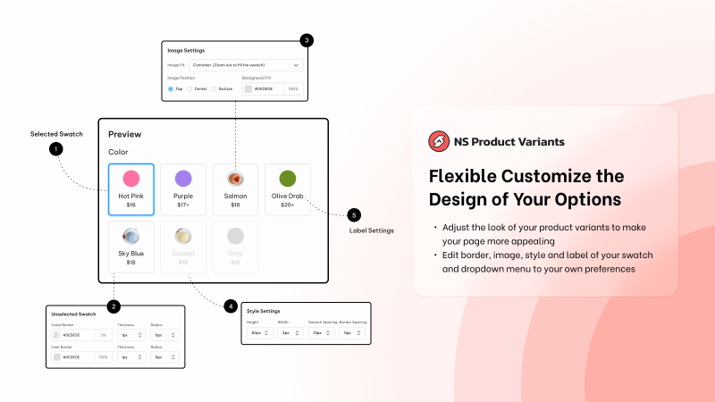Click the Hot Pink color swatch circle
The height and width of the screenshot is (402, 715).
coord(130,179)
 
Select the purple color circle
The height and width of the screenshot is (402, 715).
coord(183,179)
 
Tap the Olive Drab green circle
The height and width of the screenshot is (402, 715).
coord(287,178)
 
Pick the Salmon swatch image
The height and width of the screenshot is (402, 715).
coord(235,179)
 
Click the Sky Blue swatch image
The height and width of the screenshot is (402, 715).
coord(130,237)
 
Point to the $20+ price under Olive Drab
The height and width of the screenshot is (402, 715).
coord(287,205)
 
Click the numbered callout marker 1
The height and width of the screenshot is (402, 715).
coord(56,149)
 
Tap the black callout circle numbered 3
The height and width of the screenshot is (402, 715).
coord(307,40)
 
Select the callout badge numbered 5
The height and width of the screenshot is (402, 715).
coord(354,215)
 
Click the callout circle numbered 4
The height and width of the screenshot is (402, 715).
coord(231,306)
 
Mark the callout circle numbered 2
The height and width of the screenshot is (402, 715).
coord(114,306)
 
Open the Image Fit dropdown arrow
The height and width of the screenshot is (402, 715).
coord(296,65)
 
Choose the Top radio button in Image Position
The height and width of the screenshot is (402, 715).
coord(171,89)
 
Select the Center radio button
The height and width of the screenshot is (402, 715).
coord(189,89)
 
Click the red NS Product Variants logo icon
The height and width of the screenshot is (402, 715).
coord(438,141)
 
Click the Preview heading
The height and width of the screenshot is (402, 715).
coord(125,134)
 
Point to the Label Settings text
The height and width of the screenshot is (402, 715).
coord(371,230)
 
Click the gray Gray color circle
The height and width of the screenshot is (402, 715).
coord(235,237)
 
